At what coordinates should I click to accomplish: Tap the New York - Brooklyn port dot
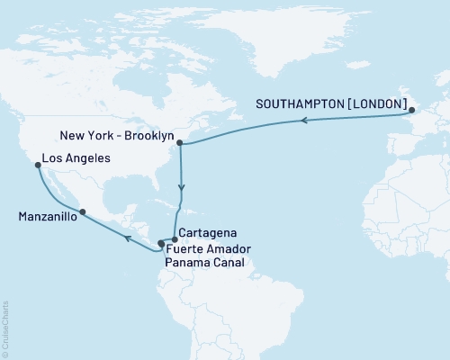click(180, 142)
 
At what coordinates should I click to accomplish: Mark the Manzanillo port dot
click(83, 212)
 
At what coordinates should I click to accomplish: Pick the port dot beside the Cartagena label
click(175, 239)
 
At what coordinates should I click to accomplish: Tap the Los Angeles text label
click(76, 159)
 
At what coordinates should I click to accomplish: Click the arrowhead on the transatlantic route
click(304, 120)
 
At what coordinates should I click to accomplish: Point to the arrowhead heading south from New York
click(182, 189)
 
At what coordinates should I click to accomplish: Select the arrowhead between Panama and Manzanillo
click(129, 238)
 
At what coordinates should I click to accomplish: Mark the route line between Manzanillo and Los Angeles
click(56, 192)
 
